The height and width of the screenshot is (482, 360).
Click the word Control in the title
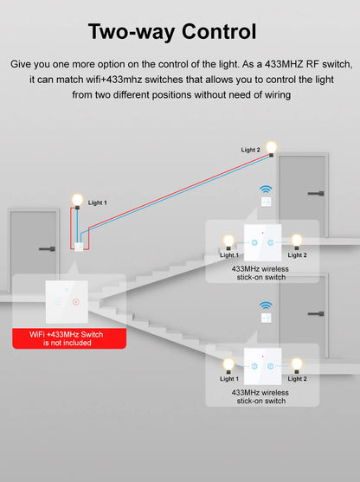[215, 32]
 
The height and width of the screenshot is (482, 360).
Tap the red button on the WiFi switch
[76, 302]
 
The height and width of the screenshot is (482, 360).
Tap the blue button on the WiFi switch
[56, 302]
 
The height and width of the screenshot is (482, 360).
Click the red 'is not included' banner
[69, 338]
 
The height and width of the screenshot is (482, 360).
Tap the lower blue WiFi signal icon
[267, 306]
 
